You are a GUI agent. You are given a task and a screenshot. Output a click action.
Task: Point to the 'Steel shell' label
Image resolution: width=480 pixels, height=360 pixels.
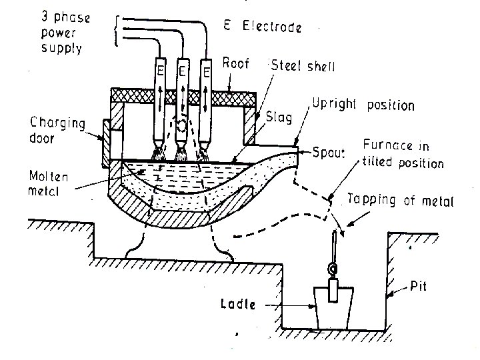(x=303, y=67)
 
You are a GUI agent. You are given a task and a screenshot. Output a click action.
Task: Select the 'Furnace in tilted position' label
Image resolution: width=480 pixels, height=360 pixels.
(x=402, y=154)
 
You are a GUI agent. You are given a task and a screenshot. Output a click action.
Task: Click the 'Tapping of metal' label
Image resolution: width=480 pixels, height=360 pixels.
(x=398, y=199)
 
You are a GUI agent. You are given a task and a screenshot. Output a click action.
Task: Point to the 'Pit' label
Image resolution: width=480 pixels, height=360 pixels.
(x=418, y=287)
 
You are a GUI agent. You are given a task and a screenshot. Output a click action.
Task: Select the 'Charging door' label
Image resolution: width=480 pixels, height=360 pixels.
(x=57, y=129)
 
